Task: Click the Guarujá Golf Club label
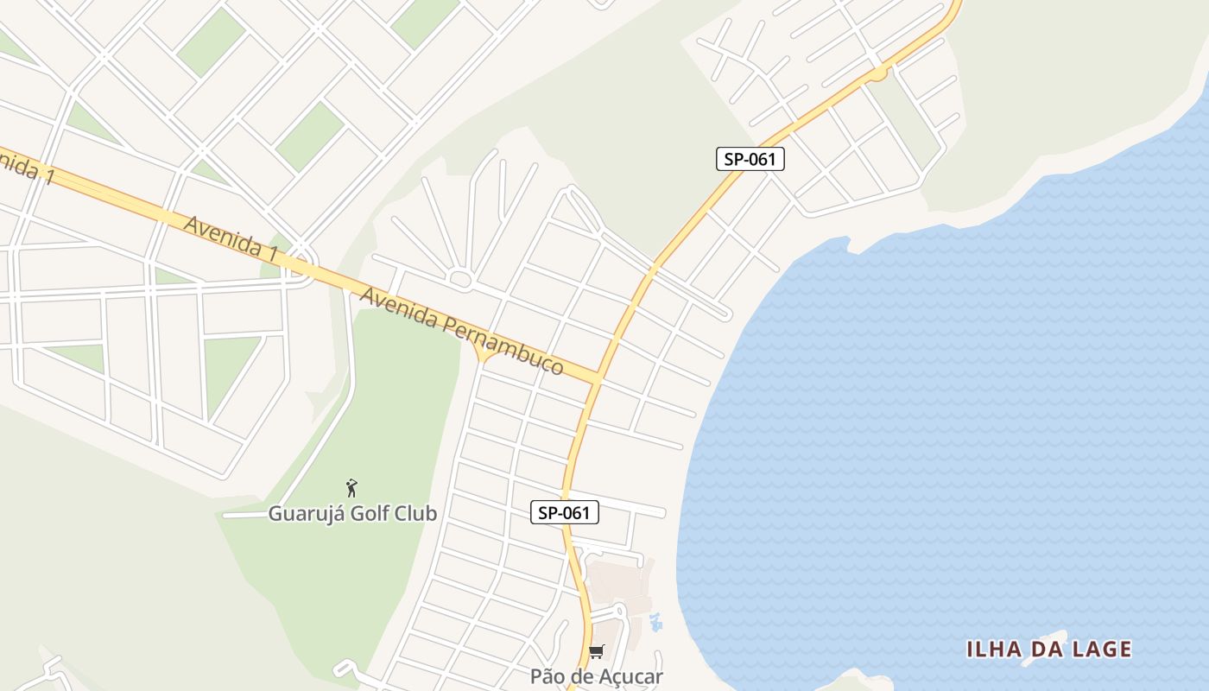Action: (x=352, y=513)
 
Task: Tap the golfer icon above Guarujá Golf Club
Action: (x=351, y=488)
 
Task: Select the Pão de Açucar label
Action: (x=597, y=676)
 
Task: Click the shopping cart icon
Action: (x=597, y=652)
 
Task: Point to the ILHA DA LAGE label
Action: (x=1048, y=650)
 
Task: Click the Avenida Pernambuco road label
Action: (x=462, y=332)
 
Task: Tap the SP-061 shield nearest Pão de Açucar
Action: (x=564, y=513)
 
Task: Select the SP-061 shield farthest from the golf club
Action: (x=750, y=159)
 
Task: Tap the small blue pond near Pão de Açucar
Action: (x=656, y=621)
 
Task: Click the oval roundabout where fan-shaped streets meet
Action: (x=460, y=278)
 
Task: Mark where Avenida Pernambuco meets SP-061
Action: (x=598, y=378)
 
